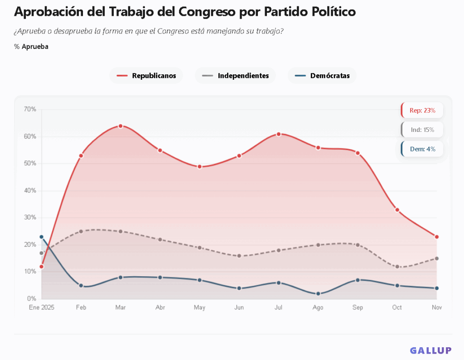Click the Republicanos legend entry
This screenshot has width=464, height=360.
point(146,76)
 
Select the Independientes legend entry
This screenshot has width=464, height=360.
point(235,76)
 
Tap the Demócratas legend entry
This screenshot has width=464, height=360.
point(322,76)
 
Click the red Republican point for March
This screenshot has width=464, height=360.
point(121,126)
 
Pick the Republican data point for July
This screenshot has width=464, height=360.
point(279,134)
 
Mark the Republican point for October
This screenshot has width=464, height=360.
point(397,210)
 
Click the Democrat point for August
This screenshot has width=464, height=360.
point(318,294)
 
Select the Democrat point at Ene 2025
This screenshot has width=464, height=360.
point(42,237)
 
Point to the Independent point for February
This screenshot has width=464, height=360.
point(81,231)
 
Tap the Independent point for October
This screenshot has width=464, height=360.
point(397,267)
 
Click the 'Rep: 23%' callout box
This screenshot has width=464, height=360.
point(422,110)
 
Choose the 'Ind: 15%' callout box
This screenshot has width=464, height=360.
point(422,130)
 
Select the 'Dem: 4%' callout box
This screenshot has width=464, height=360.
point(422,149)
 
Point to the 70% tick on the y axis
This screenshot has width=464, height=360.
point(30,109)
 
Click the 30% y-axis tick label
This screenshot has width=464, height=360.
point(30,218)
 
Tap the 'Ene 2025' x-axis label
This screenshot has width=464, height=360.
point(41,307)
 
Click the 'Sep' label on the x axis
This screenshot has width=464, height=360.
point(358,307)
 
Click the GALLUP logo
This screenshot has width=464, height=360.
point(430,350)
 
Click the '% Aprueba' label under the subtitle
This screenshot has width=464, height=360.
point(31,47)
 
